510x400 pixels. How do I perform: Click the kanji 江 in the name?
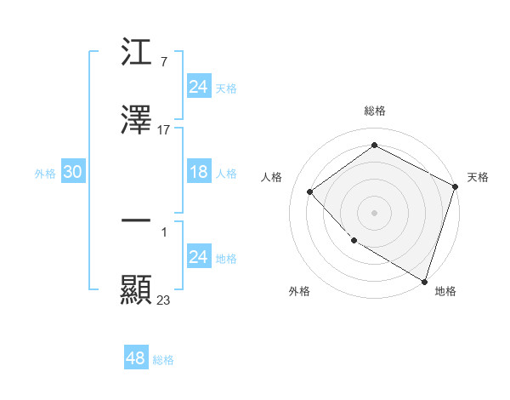click(x=136, y=53)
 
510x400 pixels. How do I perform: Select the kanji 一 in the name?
click(x=136, y=221)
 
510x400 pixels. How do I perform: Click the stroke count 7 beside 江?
click(x=163, y=62)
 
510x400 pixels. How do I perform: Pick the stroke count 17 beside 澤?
click(x=163, y=130)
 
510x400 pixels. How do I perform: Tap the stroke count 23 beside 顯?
click(x=163, y=300)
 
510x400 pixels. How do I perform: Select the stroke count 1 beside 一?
click(x=163, y=231)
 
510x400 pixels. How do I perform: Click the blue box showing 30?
click(x=72, y=172)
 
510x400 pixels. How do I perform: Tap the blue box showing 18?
click(x=198, y=172)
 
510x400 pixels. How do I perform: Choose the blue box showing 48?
click(x=135, y=358)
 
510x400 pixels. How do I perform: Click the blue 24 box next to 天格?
click(x=198, y=87)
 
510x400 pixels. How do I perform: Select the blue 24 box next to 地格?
click(x=198, y=257)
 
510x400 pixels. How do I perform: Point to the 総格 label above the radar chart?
click(x=374, y=111)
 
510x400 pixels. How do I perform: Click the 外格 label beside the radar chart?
click(x=299, y=291)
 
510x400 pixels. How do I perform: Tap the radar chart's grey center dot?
click(x=374, y=212)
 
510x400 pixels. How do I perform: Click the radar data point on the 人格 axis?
click(x=310, y=191)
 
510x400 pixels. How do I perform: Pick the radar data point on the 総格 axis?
click(x=374, y=146)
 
